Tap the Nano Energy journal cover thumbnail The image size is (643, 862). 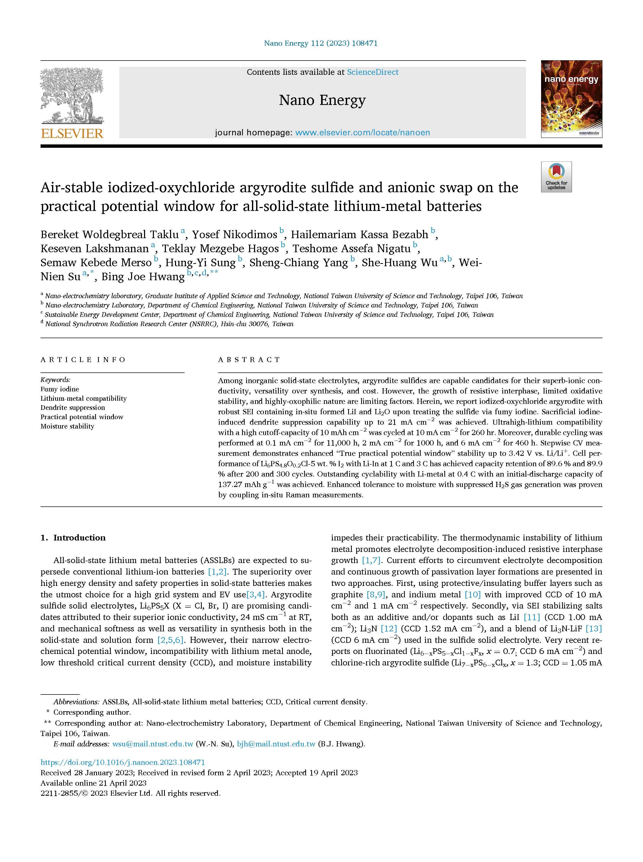coord(571,99)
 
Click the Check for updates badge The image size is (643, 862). coord(556,177)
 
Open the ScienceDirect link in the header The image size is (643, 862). coord(373,72)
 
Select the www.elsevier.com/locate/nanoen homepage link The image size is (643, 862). coord(362,133)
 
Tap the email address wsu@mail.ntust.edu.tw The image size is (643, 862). coord(153,744)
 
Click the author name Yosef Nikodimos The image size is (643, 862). coord(235,235)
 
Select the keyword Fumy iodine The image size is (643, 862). coord(60,389)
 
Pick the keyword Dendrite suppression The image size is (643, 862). coord(73,407)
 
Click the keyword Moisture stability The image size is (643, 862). coord(67,426)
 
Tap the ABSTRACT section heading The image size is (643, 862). coord(249,360)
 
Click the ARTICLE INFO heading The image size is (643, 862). coord(83,360)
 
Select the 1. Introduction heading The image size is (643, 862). coord(73,538)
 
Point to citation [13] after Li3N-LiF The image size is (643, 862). coord(594,628)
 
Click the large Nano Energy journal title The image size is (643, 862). coord(322,100)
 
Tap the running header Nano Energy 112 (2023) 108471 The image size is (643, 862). coord(321,43)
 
